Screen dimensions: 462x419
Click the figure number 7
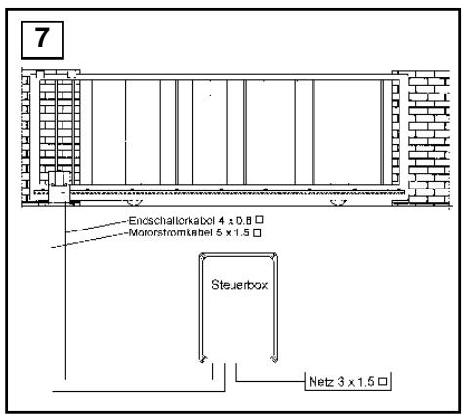tap(42, 38)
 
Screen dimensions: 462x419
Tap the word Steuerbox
tap(239, 285)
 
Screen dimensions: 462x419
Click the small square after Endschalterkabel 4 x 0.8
tap(259, 220)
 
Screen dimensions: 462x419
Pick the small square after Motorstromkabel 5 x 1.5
tap(257, 232)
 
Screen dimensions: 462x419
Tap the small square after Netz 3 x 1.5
tap(383, 381)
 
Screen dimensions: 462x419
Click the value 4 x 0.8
tap(235, 221)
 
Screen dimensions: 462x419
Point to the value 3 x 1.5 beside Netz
tap(357, 381)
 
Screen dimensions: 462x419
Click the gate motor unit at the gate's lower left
tap(59, 188)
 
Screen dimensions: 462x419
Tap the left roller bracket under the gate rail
tap(134, 203)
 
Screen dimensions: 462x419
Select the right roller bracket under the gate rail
tap(338, 203)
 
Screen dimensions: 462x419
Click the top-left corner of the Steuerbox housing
tap(200, 254)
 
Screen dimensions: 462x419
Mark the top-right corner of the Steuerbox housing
tap(276, 254)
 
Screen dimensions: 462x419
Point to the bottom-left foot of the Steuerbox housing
tap(202, 358)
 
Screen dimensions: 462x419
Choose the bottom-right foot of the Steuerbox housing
tap(274, 358)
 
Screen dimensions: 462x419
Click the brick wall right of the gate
tap(429, 138)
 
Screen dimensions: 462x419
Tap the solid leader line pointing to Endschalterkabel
tap(97, 227)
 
